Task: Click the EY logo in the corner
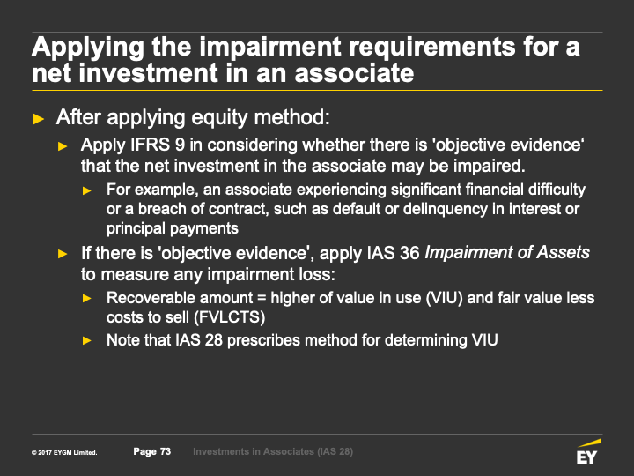coord(588,451)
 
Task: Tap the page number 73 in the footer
coord(166,451)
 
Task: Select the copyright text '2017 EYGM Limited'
coord(68,452)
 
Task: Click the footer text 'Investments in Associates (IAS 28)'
coord(273,451)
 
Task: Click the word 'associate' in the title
coord(354,73)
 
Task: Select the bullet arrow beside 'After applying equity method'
coord(39,119)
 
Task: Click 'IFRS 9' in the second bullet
coord(158,145)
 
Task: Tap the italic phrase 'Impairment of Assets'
coord(507,253)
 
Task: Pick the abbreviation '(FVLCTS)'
coord(229,317)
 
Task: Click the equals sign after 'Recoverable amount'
coord(262,298)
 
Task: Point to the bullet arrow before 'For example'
coord(87,190)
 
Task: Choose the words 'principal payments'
coord(173,228)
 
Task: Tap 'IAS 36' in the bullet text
coord(393,253)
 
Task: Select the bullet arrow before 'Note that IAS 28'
coord(87,341)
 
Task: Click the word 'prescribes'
coord(263,340)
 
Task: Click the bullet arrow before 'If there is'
coord(63,254)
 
